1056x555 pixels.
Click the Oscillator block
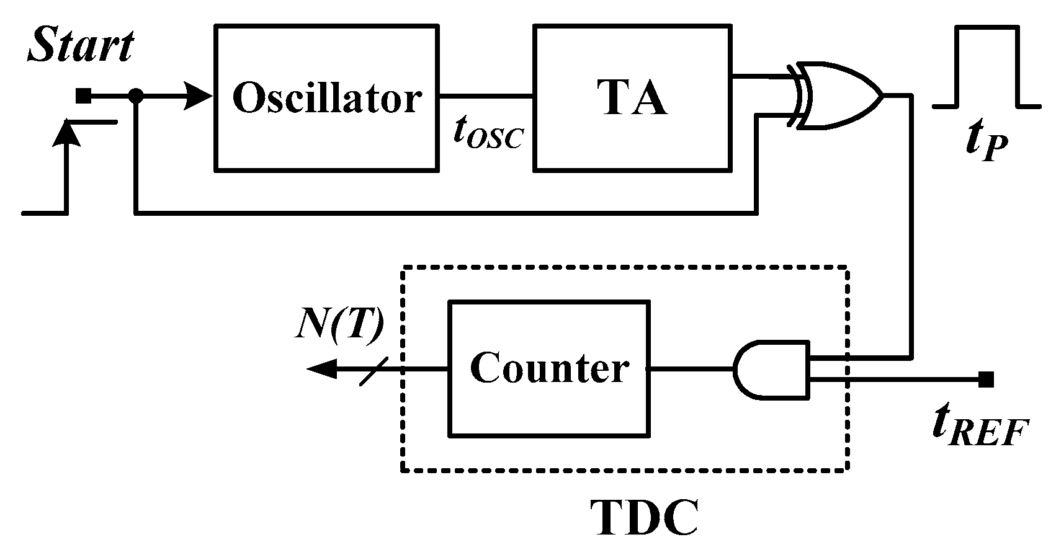[326, 98]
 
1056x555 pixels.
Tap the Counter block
[549, 369]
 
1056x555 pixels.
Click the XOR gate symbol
[838, 96]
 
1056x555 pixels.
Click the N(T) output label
[338, 329]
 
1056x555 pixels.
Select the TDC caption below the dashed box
[644, 518]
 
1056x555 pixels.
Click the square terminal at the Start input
[83, 96]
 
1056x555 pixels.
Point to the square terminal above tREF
[986, 379]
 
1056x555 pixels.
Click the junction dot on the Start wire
[136, 96]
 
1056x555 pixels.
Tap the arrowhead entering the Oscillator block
[199, 96]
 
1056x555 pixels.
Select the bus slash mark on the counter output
[374, 370]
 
